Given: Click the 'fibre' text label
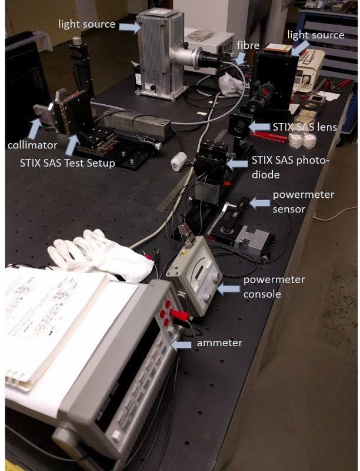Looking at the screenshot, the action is (248, 45).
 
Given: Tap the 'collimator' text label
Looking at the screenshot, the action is (32, 145).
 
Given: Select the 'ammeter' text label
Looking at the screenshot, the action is (219, 343).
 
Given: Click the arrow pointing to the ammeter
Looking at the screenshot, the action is (181, 345).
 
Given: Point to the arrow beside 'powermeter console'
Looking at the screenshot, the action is (228, 289).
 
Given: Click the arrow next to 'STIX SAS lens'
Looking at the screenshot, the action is (259, 127).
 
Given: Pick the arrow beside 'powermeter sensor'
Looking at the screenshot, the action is (260, 203).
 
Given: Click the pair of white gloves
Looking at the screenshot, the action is (100, 254).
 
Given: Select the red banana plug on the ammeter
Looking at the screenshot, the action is (179, 315).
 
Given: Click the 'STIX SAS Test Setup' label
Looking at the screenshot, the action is (68, 163).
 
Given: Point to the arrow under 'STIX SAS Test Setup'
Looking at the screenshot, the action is (72, 145).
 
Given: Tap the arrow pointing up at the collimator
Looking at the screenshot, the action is (35, 128).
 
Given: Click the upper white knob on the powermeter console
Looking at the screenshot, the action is (215, 276).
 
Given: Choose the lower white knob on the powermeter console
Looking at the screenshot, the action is (206, 297).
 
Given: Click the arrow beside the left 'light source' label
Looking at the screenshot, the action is (130, 27).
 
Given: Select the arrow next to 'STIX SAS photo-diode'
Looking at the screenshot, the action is (237, 164).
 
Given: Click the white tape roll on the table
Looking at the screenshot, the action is (179, 161).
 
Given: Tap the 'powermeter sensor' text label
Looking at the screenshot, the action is (303, 201).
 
